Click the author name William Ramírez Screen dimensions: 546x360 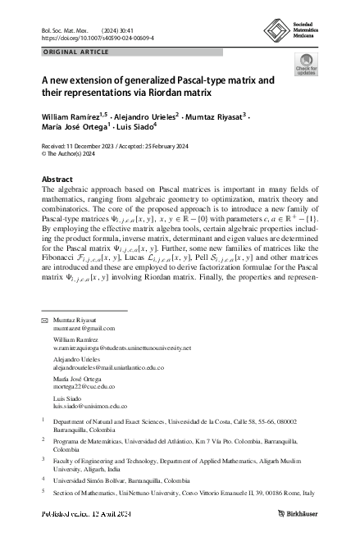(x=69, y=118)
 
